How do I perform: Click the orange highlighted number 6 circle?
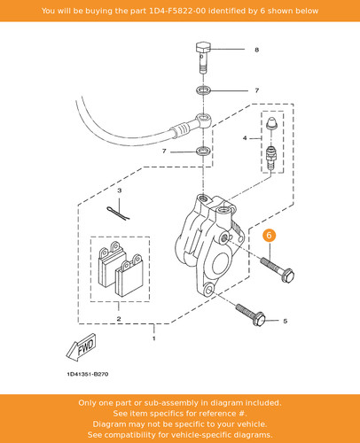point(270,236)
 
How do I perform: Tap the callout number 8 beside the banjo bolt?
point(256,50)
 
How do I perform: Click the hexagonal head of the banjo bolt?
point(203,47)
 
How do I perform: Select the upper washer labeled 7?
point(203,89)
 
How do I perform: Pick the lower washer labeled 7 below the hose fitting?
point(203,151)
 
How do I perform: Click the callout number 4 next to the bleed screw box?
point(245,138)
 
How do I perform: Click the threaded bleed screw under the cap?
point(271,157)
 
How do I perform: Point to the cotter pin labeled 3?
point(118,213)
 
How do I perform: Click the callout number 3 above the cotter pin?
point(119,190)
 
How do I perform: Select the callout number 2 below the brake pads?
point(119,319)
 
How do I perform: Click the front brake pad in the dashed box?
point(129,276)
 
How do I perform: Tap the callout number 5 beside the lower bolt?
point(285,321)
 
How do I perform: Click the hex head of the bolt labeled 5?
point(259,319)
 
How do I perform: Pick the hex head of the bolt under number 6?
point(287,276)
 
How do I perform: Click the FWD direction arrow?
point(81,347)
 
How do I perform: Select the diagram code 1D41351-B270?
point(88,374)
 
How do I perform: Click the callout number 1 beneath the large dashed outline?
point(153,338)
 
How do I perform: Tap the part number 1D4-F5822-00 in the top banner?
point(177,12)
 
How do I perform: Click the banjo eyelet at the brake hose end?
point(204,121)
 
